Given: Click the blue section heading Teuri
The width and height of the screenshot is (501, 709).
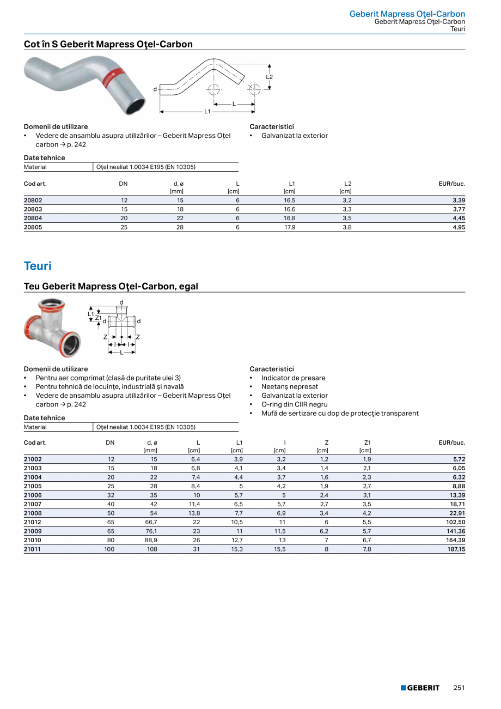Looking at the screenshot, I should [x=38, y=266].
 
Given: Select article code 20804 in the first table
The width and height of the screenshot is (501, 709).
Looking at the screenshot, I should [x=33, y=218].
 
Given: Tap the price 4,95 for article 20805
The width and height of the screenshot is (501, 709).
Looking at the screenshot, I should [x=459, y=227].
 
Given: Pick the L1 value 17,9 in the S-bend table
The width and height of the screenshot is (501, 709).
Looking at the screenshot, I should [x=290, y=227].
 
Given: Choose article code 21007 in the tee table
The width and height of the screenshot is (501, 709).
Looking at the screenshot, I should [x=33, y=504].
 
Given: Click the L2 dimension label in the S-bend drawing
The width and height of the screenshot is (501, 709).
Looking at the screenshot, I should [x=269, y=77].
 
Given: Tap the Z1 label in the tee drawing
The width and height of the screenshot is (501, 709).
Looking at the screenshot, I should [x=99, y=317].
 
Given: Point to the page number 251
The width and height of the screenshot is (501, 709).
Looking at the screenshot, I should [x=459, y=688].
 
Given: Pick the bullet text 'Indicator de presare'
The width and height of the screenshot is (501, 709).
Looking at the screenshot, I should [x=293, y=378].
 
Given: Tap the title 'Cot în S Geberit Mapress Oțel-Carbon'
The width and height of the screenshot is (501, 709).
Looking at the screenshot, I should [x=108, y=44].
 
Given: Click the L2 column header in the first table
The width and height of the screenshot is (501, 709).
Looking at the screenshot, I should [x=348, y=184].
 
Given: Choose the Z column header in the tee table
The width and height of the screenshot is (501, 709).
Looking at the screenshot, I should [x=326, y=443].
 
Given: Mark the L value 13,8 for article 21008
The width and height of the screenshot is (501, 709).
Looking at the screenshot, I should [x=194, y=513].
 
